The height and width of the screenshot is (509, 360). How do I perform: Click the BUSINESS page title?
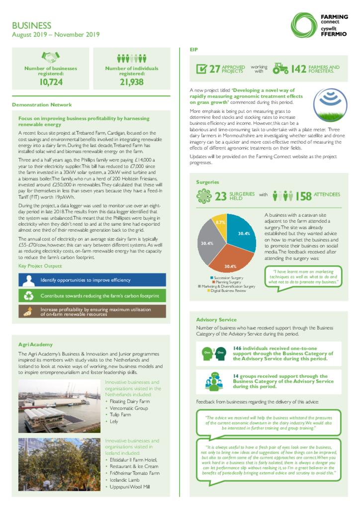tap(31, 25)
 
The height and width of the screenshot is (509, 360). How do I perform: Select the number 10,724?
tap(51, 82)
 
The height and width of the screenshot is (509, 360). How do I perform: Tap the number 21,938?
tap(132, 82)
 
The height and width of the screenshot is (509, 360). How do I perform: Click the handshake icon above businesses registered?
tap(51, 57)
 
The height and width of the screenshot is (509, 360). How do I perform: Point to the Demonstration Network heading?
tap(42, 105)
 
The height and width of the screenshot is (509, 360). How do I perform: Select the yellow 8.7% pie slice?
tap(220, 224)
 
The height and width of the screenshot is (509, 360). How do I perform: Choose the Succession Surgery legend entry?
tap(228, 277)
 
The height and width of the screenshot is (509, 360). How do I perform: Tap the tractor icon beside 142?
tap(280, 68)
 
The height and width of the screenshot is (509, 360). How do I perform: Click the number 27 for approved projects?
tap(214, 69)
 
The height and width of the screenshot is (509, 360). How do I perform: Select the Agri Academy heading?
tap(35, 344)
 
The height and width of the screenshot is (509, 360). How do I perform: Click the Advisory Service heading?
tap(216, 320)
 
